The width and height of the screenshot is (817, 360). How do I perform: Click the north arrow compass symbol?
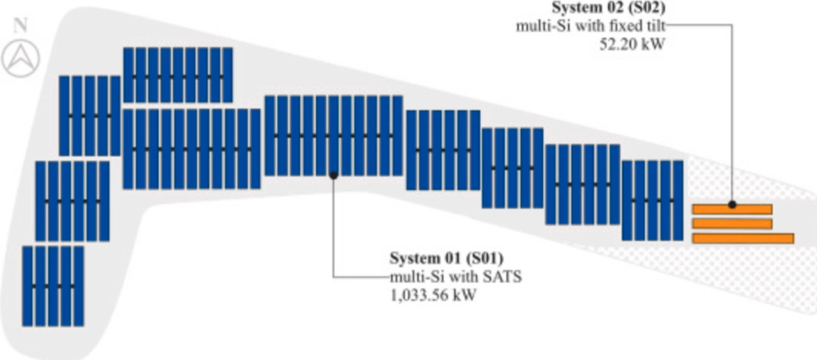click(21, 58)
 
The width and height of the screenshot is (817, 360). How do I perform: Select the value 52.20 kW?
click(632, 44)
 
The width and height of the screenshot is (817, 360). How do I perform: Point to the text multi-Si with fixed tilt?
click(591, 26)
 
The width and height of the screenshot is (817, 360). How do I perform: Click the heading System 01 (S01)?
click(447, 259)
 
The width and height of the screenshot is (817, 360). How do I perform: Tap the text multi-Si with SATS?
click(456, 277)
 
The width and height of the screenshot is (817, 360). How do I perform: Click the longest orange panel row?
click(743, 238)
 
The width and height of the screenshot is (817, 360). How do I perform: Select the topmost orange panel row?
click(732, 209)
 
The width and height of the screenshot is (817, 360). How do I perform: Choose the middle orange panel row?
click(732, 224)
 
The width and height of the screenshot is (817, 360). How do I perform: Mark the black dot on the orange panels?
click(732, 205)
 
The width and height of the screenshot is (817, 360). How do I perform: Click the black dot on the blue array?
click(334, 176)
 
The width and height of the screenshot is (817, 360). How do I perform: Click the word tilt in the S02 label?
click(656, 26)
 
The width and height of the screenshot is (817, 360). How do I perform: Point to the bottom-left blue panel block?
click(53, 286)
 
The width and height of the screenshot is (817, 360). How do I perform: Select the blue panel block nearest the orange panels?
click(653, 200)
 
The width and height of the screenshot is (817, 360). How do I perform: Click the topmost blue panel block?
click(178, 74)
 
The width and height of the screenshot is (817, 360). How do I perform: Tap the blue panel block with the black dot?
click(334, 136)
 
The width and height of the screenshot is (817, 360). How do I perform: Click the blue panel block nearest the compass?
click(89, 116)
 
